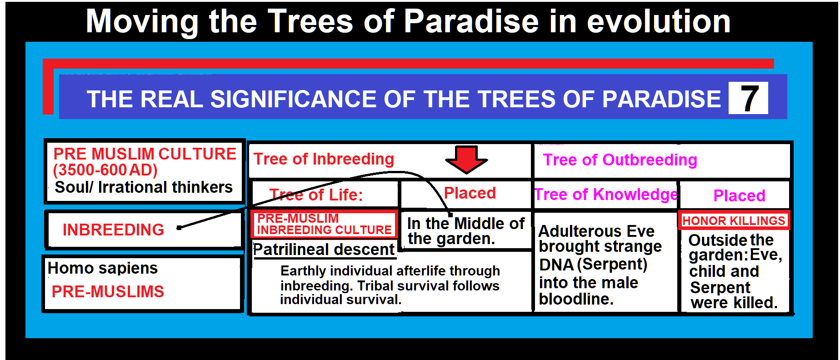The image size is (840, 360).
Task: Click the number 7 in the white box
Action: click(x=749, y=98)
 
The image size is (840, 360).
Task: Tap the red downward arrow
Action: click(x=466, y=159)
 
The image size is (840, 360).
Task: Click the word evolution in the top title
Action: click(x=658, y=21)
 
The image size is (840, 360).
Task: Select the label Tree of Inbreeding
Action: click(x=324, y=159)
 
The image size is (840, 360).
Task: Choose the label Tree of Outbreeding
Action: click(x=620, y=160)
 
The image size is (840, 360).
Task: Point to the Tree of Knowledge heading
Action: click(x=606, y=195)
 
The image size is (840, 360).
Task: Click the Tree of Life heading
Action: click(x=316, y=195)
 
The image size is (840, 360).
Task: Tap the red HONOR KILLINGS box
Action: click(x=734, y=221)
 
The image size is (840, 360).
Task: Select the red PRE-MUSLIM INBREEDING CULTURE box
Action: click(x=324, y=224)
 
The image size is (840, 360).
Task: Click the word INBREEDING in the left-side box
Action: click(x=113, y=230)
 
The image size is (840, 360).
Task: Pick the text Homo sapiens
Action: click(x=103, y=268)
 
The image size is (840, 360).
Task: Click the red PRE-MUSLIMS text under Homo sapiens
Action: click(x=108, y=291)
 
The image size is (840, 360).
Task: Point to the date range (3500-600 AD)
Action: click(x=105, y=170)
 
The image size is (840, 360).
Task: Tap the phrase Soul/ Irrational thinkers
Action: click(x=144, y=187)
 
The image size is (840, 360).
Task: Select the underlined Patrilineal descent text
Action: click(x=324, y=250)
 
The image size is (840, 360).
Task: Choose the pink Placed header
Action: click(x=739, y=196)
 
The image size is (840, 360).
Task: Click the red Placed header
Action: click(x=470, y=193)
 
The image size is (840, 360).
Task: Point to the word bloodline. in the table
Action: click(x=576, y=299)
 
